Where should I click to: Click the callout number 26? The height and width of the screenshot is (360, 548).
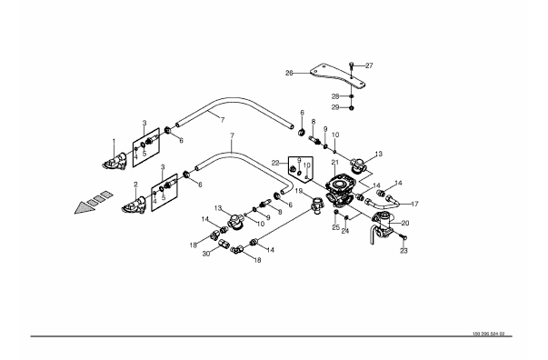289,74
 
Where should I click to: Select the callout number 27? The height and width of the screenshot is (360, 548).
369,65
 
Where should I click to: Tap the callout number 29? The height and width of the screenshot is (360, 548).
335,107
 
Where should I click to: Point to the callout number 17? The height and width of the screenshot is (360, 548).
414,204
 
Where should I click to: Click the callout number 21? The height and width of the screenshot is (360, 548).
335,162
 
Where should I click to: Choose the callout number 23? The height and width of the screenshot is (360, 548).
404,251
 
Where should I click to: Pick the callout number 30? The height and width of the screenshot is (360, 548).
206,255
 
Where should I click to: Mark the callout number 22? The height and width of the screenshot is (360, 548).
275,163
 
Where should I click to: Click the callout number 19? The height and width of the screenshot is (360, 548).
299,191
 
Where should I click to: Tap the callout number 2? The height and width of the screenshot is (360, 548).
135,185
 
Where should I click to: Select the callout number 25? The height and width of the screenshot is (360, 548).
335,227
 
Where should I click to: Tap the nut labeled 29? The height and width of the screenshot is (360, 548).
352,107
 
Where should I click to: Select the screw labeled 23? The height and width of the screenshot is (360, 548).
404,237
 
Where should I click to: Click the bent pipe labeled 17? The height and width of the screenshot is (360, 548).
381,202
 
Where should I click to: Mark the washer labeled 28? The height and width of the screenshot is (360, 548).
352,96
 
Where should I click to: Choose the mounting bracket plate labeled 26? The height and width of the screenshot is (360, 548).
335,75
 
